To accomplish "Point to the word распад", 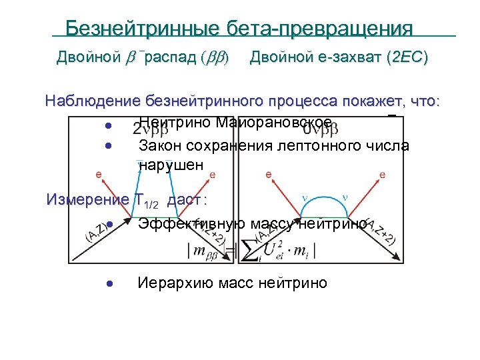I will (x=169, y=58).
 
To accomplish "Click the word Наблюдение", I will (x=91, y=101).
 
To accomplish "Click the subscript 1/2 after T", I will (x=152, y=204).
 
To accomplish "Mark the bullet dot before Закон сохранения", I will (x=107, y=145).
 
